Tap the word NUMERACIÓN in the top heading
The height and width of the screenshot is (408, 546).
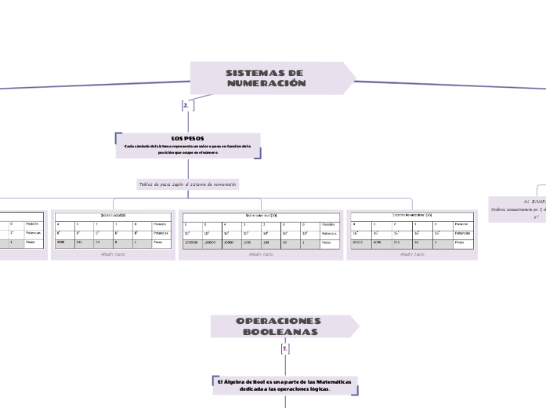271,83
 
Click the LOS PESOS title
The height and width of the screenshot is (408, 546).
187,138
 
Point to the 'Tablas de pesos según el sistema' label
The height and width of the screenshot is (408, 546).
187,184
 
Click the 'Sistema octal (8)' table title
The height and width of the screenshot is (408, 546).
113,214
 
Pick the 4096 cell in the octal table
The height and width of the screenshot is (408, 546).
63,243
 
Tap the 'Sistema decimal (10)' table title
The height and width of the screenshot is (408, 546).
260,214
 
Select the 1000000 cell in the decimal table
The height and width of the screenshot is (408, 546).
191,243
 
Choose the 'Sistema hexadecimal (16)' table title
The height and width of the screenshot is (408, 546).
412,214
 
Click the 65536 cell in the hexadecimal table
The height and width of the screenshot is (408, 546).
360,243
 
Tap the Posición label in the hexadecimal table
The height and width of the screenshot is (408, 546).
465,224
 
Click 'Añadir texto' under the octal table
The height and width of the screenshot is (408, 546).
113,254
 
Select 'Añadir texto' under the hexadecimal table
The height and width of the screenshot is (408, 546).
412,254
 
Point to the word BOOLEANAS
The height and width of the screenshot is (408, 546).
280,332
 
